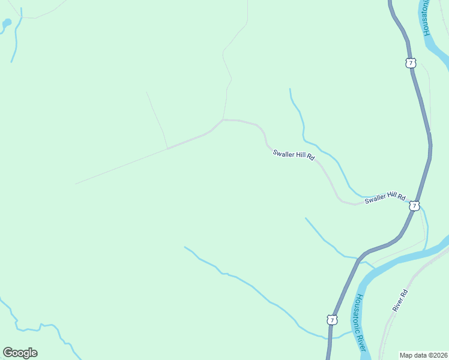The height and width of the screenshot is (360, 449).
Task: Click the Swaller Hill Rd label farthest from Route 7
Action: point(294,154)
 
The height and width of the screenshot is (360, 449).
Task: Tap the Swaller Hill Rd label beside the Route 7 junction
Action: point(385,197)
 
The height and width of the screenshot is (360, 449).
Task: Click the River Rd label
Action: point(400,300)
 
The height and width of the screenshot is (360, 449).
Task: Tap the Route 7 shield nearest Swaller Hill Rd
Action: point(414,206)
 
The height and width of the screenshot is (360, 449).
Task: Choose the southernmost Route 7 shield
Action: point(332,320)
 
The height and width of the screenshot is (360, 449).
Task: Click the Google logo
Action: point(20,353)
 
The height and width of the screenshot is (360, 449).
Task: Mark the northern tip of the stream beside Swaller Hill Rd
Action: point(290,89)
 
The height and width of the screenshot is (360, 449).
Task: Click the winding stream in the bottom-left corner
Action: point(36,328)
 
